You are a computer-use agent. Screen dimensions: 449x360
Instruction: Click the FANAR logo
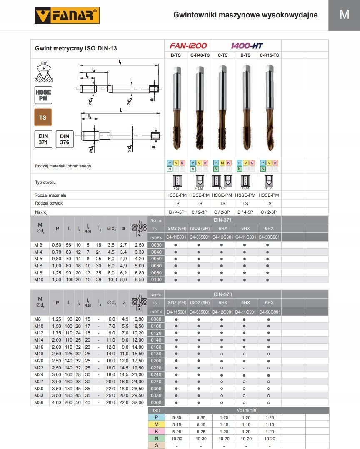pos(67,16)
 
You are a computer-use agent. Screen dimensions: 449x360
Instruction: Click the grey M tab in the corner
pos(344,15)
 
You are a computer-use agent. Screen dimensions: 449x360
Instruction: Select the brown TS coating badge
pos(42,117)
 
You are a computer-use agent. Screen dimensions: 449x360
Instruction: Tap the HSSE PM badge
pos(42,95)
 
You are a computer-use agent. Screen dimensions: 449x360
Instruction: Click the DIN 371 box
pos(43,139)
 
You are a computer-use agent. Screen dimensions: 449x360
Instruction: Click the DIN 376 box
pos(64,139)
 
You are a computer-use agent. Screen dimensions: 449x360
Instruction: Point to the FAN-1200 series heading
pos(188,46)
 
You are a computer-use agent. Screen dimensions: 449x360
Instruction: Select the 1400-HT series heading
pos(247,46)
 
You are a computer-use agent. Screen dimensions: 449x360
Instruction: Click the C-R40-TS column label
pos(199,55)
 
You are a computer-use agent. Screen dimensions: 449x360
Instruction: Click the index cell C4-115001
pos(176,237)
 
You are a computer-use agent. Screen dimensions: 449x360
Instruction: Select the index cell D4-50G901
pos(269,312)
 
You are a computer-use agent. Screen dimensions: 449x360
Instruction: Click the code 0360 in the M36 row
pos(156,402)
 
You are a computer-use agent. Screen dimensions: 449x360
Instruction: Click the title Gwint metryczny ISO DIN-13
pos(76,48)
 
